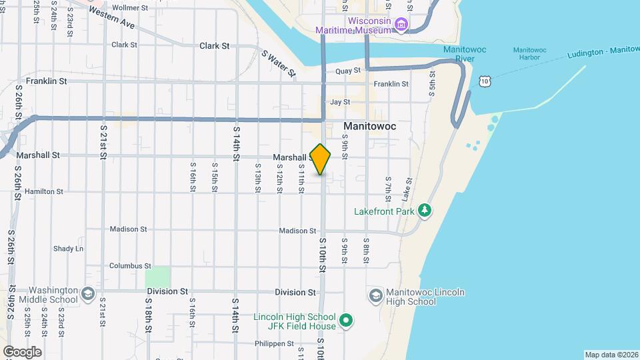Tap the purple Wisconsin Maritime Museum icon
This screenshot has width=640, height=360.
coord(401,26)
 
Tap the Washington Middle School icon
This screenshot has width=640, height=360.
coord(88,294)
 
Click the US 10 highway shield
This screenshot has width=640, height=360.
coord(485,81)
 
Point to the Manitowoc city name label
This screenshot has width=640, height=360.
coord(369,126)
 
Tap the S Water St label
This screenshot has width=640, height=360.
coord(278,63)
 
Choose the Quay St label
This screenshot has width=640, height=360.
coord(347,71)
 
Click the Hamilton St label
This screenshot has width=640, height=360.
coord(43,191)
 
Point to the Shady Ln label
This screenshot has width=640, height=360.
coord(68,249)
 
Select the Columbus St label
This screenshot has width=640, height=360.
coord(126,265)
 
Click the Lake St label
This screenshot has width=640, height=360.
coord(407,189)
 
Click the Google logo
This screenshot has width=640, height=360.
coord(22,351)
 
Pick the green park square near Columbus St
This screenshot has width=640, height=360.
coord(157,277)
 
